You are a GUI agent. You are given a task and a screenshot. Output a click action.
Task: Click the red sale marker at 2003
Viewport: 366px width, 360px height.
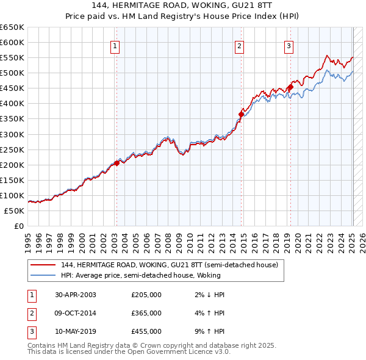(117, 163)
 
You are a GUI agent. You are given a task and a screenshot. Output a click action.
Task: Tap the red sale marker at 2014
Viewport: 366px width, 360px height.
(242, 114)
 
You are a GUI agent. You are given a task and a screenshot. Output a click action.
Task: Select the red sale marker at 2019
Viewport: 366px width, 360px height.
(291, 87)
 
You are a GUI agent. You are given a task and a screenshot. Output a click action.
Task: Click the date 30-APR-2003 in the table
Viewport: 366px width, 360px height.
(76, 295)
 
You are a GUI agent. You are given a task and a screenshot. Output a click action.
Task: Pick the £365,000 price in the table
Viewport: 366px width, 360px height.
(146, 313)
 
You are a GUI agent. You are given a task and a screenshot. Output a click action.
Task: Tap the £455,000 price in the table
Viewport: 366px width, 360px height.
(146, 331)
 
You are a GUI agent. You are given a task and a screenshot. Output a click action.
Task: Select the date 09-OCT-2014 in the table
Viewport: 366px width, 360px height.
(76, 313)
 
